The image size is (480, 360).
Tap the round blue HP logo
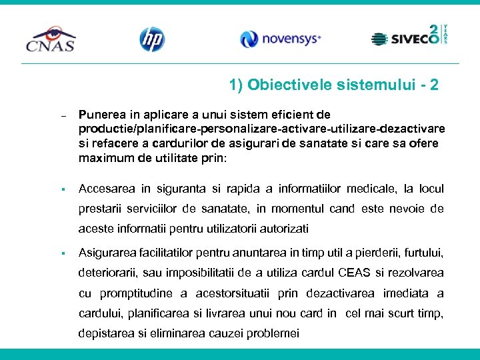click(x=152, y=39)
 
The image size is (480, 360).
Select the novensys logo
click(x=281, y=39)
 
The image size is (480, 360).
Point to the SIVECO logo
click(x=409, y=37)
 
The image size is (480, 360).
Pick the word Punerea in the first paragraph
click(x=103, y=115)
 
